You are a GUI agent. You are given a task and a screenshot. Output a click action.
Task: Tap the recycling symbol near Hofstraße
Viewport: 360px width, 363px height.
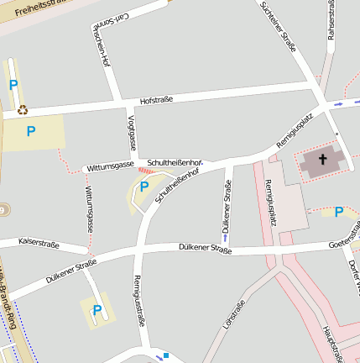coord(23,109)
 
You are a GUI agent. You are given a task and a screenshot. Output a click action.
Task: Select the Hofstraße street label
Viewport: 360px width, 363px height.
coord(156,99)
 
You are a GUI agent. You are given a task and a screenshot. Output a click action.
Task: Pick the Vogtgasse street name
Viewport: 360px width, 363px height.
coord(130,131)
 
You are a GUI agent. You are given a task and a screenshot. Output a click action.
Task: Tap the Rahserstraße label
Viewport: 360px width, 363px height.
coord(331,18)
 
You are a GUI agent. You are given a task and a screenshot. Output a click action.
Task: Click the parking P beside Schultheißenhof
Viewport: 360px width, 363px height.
coord(143,187)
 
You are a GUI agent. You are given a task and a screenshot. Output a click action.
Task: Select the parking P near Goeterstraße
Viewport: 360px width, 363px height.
coord(338,212)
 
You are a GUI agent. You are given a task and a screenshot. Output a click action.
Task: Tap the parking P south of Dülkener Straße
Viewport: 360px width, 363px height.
coord(97,311)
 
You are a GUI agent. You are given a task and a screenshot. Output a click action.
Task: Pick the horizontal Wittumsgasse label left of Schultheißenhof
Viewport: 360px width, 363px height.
coord(110,166)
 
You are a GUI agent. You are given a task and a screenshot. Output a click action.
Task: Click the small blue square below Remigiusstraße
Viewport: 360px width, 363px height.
coord(166,355)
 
